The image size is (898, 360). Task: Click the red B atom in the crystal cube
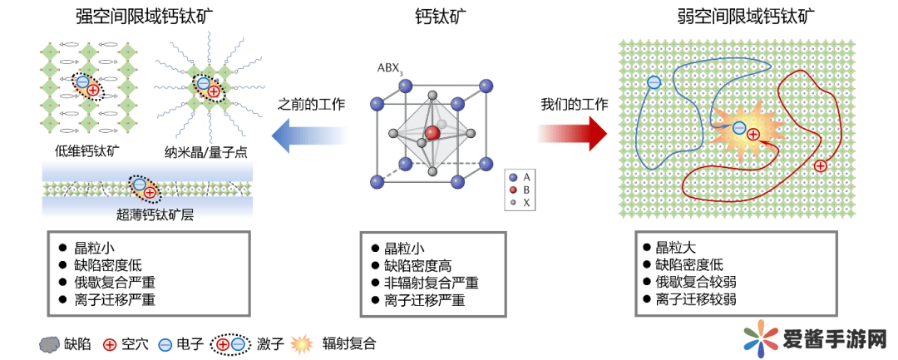(432, 133)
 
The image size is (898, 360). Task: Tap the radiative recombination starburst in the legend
(303, 343)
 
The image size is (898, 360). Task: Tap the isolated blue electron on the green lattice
(654, 81)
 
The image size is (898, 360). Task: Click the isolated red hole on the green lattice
(821, 166)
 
